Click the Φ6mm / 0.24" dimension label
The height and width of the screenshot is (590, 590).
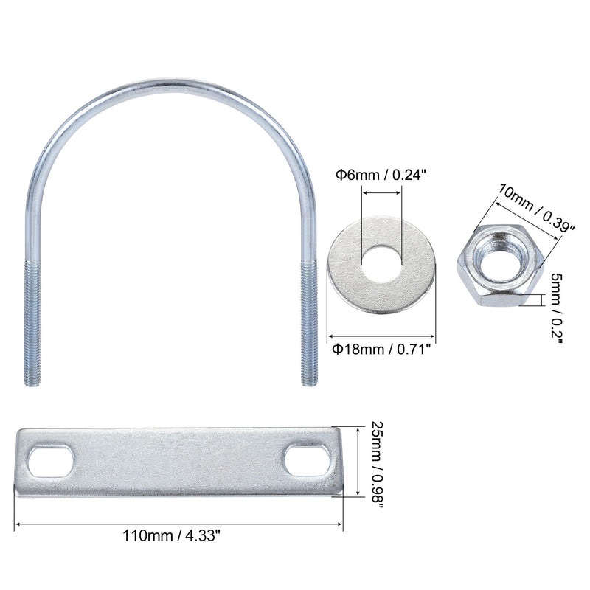pos(381,175)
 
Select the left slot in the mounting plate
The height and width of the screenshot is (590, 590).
pos(49,461)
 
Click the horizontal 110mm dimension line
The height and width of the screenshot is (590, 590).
pos(179,525)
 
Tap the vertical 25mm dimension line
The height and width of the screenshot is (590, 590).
pos(358,461)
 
